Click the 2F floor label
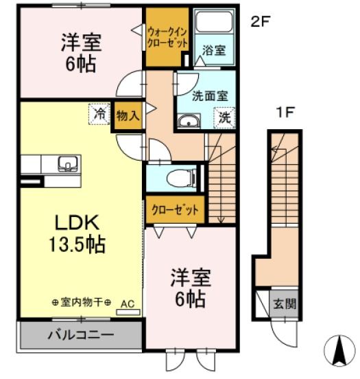pos(259,21)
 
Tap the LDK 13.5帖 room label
pos(77,233)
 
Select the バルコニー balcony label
pos(80,336)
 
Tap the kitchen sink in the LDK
pos(67,163)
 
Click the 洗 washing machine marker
pos(224,117)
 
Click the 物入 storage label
pos(128,115)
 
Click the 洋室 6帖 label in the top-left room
pos(80,53)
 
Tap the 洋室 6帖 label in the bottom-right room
pos(190,288)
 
